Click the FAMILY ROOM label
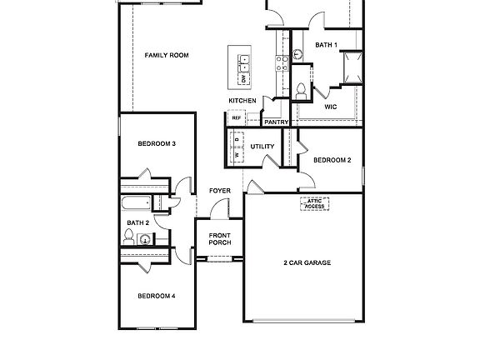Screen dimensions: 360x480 [167, 56]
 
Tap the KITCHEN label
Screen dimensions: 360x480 [242, 101]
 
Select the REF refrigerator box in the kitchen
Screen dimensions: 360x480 [237, 118]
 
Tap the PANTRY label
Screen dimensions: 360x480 [276, 122]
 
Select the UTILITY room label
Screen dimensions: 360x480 [262, 147]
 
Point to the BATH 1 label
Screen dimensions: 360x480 [326, 45]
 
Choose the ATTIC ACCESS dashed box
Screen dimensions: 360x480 [314, 203]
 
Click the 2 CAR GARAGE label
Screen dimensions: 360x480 [307, 262]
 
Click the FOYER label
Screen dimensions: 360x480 [220, 191]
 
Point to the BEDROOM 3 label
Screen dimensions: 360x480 [156, 143]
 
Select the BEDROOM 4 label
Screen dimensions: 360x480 [156, 296]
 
